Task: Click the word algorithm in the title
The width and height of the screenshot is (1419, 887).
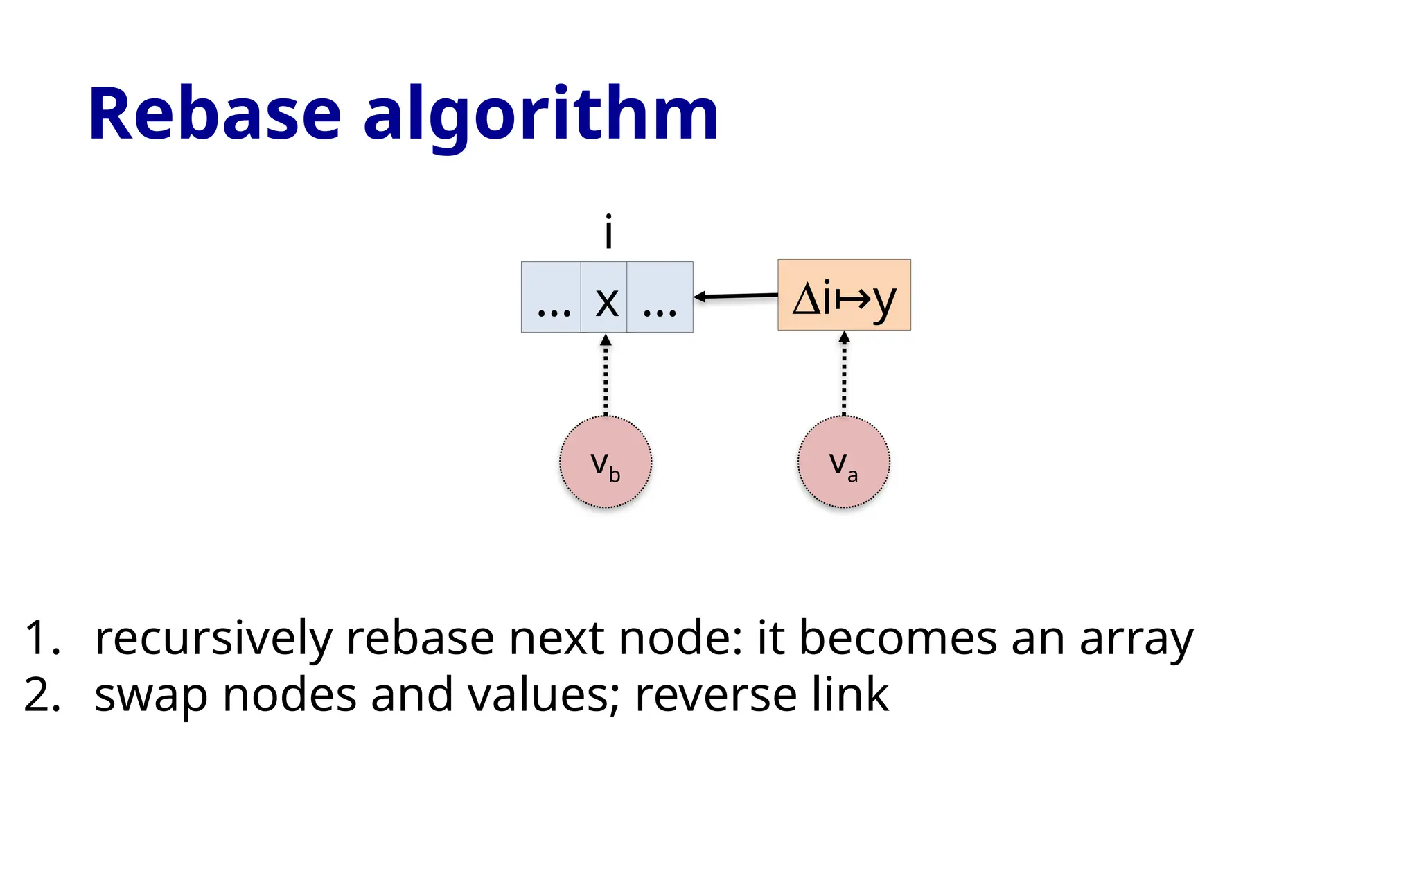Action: coord(541,114)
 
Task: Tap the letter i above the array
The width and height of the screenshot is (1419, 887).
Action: coord(608,232)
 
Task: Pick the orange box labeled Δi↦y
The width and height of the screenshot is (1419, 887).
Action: coord(844,295)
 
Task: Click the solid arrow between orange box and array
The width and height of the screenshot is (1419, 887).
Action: coord(736,297)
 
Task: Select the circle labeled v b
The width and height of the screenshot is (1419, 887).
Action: coord(606,462)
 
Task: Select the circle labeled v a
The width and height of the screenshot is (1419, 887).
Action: coord(843,462)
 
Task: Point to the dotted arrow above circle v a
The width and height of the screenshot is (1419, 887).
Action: coord(844,374)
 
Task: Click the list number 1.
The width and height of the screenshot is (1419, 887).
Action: coord(42,638)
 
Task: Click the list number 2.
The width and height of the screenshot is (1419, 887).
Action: coord(42,695)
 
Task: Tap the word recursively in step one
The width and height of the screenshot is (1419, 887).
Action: coord(213,638)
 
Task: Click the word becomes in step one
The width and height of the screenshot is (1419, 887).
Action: coord(898,638)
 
